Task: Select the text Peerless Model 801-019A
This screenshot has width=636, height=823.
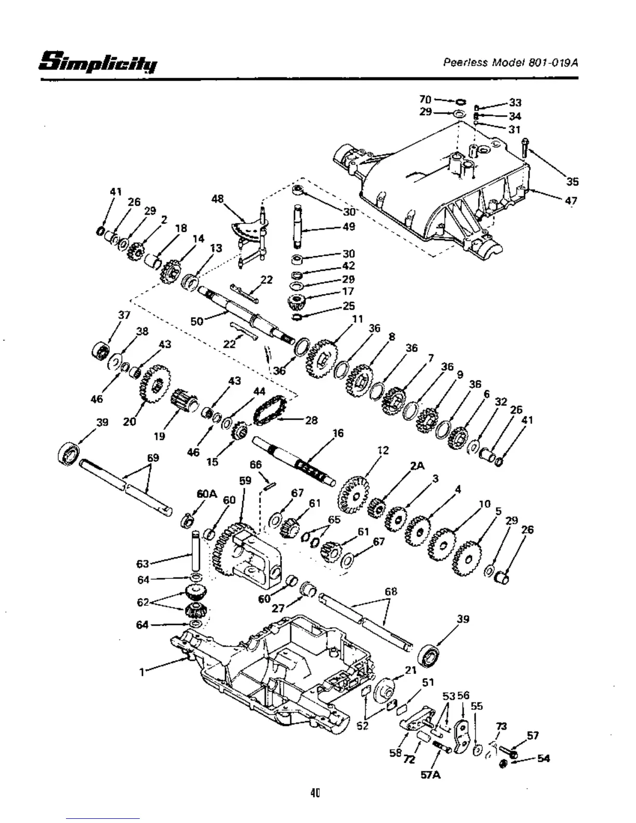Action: pos(510,62)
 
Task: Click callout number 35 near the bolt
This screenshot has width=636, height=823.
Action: pos(572,181)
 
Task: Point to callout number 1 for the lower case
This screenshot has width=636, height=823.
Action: pos(141,671)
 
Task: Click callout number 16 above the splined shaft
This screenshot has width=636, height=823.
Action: pos(338,433)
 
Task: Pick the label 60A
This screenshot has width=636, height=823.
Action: pos(206,494)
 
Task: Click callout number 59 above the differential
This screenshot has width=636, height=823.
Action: pos(245,481)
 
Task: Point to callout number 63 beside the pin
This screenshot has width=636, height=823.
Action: pos(142,564)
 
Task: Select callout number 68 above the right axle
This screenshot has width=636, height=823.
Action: pos(391,591)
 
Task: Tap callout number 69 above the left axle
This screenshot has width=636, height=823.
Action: pos(153,458)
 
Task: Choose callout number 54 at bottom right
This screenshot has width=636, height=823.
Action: pos(544,759)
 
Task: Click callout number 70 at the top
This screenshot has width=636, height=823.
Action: pos(425,99)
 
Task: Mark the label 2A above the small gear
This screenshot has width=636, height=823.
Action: pos(417,466)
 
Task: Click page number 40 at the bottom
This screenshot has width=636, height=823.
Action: pos(315,793)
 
